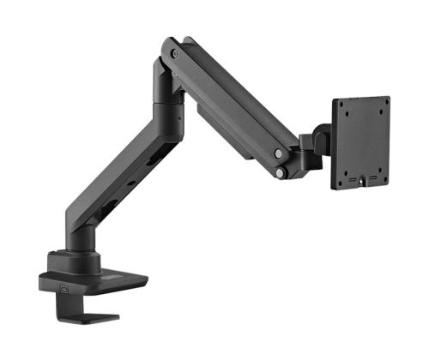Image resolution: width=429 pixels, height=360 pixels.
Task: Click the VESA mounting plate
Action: pos(360,142)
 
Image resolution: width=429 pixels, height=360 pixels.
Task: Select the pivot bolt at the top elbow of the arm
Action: pos(175,53)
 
